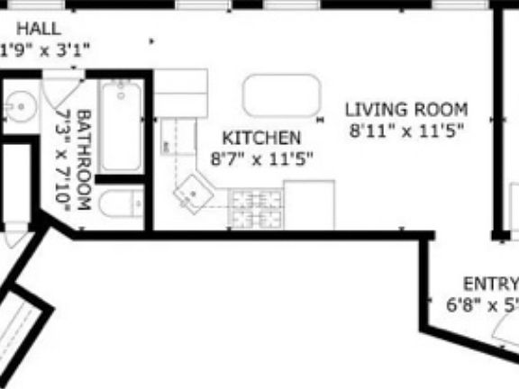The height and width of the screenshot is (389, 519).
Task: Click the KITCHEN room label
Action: [261, 139]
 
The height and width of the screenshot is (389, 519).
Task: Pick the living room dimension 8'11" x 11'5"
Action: [406, 131]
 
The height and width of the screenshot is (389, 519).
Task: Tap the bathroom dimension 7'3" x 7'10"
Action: [63, 160]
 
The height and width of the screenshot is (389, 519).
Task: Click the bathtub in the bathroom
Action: [119, 127]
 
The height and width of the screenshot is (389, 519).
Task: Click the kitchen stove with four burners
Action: [256, 209]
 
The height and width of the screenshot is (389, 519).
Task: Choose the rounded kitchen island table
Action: [280, 95]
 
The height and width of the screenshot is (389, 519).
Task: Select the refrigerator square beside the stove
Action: [309, 205]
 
